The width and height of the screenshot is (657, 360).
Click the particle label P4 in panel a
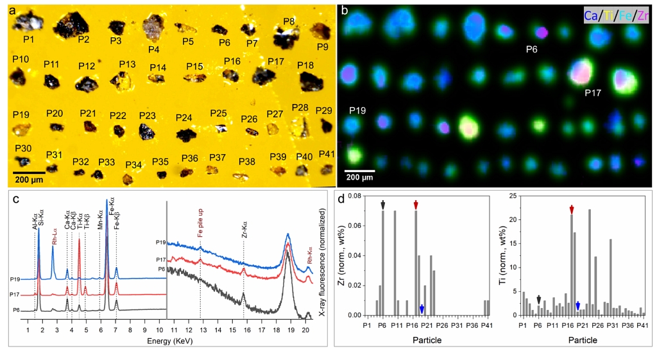pyautogui.click(x=153, y=49)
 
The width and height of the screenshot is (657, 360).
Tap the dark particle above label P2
pyautogui.click(x=73, y=24)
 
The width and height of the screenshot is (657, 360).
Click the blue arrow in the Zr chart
pyautogui.click(x=422, y=309)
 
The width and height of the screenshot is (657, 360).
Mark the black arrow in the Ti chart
pyautogui.click(x=538, y=300)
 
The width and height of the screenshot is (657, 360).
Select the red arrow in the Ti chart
pyautogui.click(x=572, y=210)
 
